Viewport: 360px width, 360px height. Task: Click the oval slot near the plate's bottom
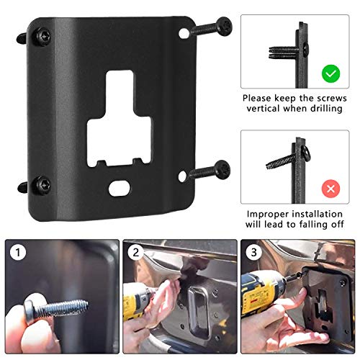click(x=117, y=190)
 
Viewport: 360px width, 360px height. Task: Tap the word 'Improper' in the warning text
click(x=267, y=215)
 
